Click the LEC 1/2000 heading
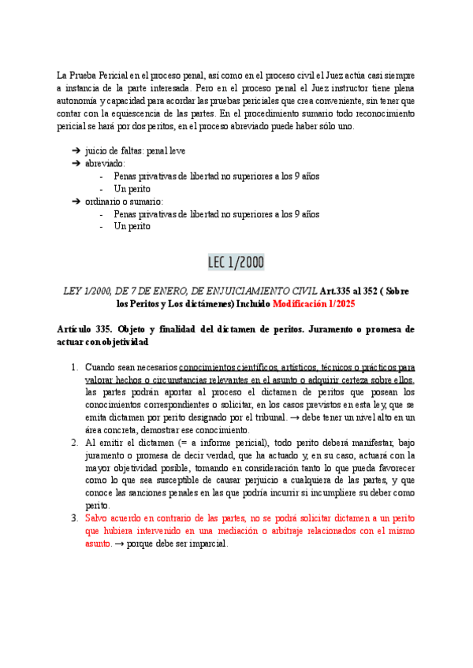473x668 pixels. click(236, 262)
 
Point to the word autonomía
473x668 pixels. click(79, 100)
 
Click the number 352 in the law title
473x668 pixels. click(375, 291)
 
